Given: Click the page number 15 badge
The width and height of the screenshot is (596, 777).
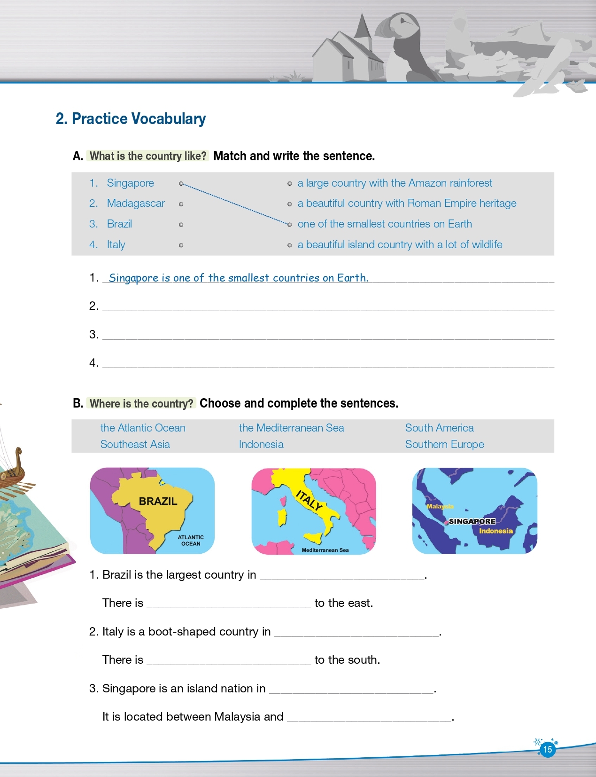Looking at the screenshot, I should click(x=547, y=749).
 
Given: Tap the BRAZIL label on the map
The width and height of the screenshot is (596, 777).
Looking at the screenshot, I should click(x=158, y=501).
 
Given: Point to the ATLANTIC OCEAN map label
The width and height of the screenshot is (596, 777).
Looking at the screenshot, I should click(x=191, y=541).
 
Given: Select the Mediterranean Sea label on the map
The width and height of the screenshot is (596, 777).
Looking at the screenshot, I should click(x=325, y=550).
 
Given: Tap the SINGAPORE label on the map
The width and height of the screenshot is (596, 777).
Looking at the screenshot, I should click(x=472, y=521).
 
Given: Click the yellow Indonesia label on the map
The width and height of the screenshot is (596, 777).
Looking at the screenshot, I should click(x=495, y=531).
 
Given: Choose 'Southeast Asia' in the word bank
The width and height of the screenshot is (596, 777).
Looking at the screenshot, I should click(x=135, y=444).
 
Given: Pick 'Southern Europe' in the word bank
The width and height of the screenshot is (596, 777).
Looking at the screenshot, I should click(x=444, y=444).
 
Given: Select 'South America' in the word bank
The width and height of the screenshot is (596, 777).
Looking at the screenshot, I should click(x=439, y=428).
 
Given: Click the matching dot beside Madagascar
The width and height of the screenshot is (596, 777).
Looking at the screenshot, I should click(x=181, y=204).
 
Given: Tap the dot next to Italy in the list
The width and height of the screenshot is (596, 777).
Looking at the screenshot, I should click(x=181, y=245).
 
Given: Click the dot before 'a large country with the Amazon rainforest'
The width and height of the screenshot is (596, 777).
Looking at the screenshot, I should click(x=289, y=183).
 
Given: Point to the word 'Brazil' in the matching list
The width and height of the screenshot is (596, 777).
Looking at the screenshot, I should click(x=119, y=224).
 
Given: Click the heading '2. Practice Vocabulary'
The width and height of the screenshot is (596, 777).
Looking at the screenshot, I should click(x=131, y=119).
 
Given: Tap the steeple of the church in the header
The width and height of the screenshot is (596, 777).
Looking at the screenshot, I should click(x=363, y=26).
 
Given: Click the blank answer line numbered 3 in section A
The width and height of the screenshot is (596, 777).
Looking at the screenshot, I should click(x=328, y=335).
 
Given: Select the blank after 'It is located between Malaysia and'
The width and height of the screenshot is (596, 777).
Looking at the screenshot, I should click(x=369, y=717).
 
